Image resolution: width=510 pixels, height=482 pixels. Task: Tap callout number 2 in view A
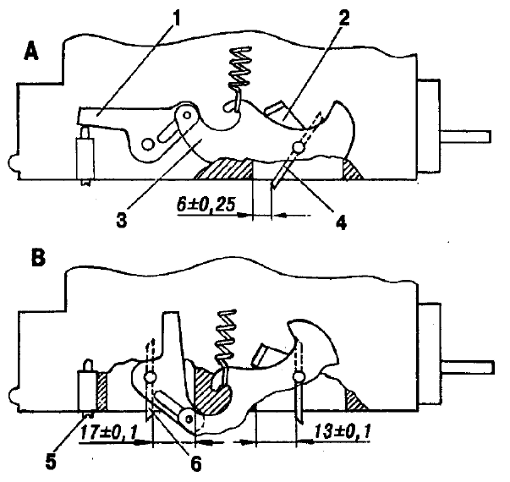tap(343, 18)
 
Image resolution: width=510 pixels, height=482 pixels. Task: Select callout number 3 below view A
tap(121, 220)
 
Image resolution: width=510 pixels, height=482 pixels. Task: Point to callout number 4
tap(341, 222)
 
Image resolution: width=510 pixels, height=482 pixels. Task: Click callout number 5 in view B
tap(51, 461)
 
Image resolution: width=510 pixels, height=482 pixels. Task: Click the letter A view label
tap(31, 52)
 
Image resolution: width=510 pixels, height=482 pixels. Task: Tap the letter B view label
tap(38, 259)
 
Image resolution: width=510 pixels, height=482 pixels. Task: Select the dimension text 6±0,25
tap(206, 205)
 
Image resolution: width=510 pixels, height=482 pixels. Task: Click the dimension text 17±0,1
tap(108, 433)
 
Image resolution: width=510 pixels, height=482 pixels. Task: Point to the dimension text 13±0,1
tap(342, 433)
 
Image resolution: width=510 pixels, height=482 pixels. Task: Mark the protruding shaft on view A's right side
tap(465, 136)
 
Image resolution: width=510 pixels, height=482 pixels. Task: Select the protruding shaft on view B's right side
tap(468, 368)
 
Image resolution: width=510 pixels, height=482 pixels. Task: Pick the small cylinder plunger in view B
tap(87, 389)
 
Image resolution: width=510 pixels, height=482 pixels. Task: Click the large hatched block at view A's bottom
tap(224, 168)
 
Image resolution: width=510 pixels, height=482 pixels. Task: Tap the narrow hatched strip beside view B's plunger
tap(101, 392)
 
